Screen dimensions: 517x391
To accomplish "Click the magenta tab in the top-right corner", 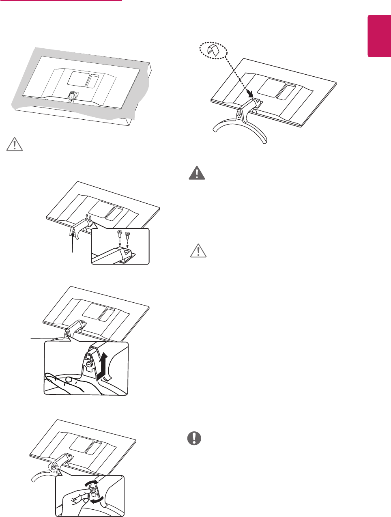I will pos(379,42).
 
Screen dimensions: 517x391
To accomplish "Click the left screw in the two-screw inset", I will pos(119,234).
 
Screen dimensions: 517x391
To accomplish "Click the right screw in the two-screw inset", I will pos(127,235).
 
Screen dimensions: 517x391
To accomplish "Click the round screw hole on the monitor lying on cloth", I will pos(71,101).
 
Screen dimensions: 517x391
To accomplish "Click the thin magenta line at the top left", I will pos(61,1).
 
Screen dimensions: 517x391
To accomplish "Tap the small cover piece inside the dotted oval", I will pos(214,50).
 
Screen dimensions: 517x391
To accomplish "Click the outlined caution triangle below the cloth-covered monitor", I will pos(15,144).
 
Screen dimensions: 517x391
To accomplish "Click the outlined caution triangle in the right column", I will pos(198,251).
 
